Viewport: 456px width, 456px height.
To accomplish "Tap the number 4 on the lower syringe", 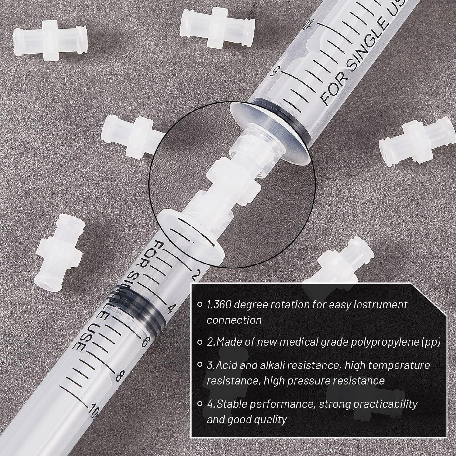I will [x=170, y=309].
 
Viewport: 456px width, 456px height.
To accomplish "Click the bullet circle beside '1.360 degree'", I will [x=200, y=304].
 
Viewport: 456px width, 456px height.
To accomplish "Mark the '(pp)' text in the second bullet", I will [x=431, y=342].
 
